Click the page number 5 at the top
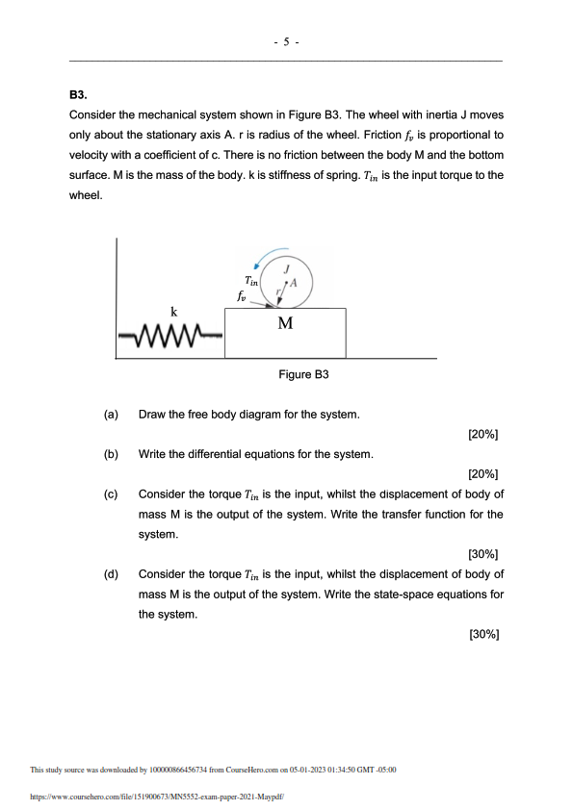[286, 42]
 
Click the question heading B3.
[79, 96]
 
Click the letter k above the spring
[174, 312]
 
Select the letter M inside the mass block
[285, 323]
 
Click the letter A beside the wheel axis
[294, 284]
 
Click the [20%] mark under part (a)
[482, 434]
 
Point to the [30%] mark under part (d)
[482, 634]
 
